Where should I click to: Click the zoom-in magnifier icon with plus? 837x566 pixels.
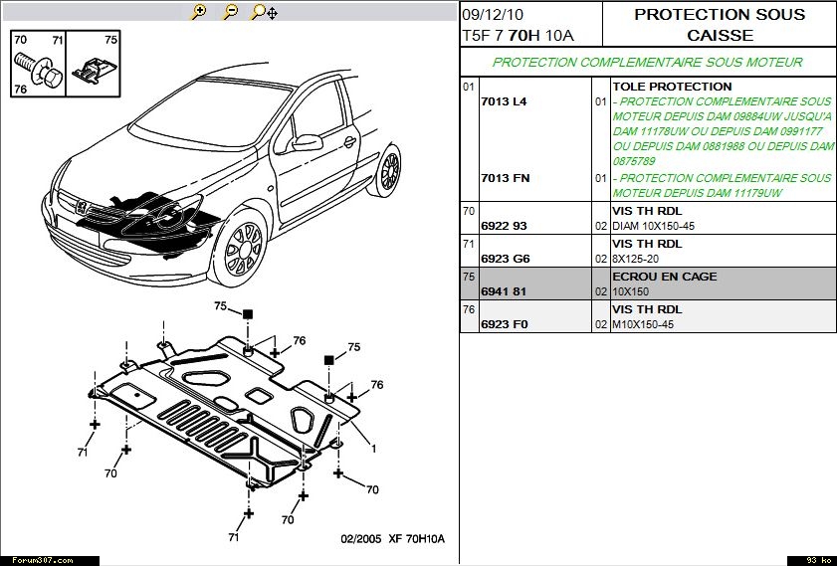coord(199,12)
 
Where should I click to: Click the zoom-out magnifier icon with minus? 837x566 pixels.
coord(230,12)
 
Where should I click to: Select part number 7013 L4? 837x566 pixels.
coord(503,102)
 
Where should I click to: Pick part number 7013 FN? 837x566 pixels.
coord(505,178)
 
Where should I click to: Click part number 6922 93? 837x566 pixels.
coord(504,226)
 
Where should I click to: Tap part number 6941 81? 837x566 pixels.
coord(503,292)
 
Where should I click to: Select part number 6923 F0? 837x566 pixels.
coord(504,324)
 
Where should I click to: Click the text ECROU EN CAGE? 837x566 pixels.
coord(664,277)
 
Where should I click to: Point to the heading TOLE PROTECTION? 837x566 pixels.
coord(672,87)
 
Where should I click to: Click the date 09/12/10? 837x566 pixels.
coord(493,15)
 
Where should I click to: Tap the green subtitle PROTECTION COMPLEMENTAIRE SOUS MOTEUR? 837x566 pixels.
coord(647,62)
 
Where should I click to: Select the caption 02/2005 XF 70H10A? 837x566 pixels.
coord(392,538)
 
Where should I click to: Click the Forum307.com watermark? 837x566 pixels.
coord(37,560)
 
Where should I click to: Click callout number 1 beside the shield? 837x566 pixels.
coord(373,449)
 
